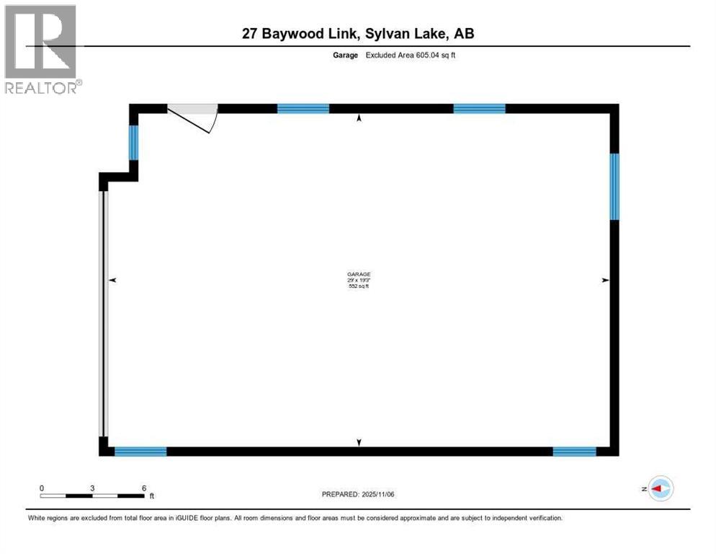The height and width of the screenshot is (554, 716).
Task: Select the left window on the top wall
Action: (x=303, y=109)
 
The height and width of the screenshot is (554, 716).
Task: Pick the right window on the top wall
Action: (x=479, y=109)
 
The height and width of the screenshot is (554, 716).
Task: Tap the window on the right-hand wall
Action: (x=614, y=186)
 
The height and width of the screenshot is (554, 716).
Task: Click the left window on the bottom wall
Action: (x=140, y=452)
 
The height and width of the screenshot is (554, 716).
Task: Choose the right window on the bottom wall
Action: (x=574, y=452)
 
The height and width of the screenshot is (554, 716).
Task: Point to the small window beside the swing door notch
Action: (x=133, y=142)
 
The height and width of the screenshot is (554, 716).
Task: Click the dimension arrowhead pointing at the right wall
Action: (x=606, y=279)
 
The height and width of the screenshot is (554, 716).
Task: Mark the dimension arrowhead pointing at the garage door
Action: (x=112, y=279)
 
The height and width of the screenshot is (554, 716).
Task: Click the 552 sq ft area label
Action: (x=358, y=286)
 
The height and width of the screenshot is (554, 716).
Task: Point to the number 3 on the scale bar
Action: (x=92, y=488)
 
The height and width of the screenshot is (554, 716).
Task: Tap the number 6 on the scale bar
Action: (x=144, y=488)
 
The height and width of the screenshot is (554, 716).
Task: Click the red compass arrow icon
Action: (x=659, y=488)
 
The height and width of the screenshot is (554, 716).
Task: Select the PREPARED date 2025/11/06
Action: (x=380, y=494)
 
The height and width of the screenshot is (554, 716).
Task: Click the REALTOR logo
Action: (x=41, y=49)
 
